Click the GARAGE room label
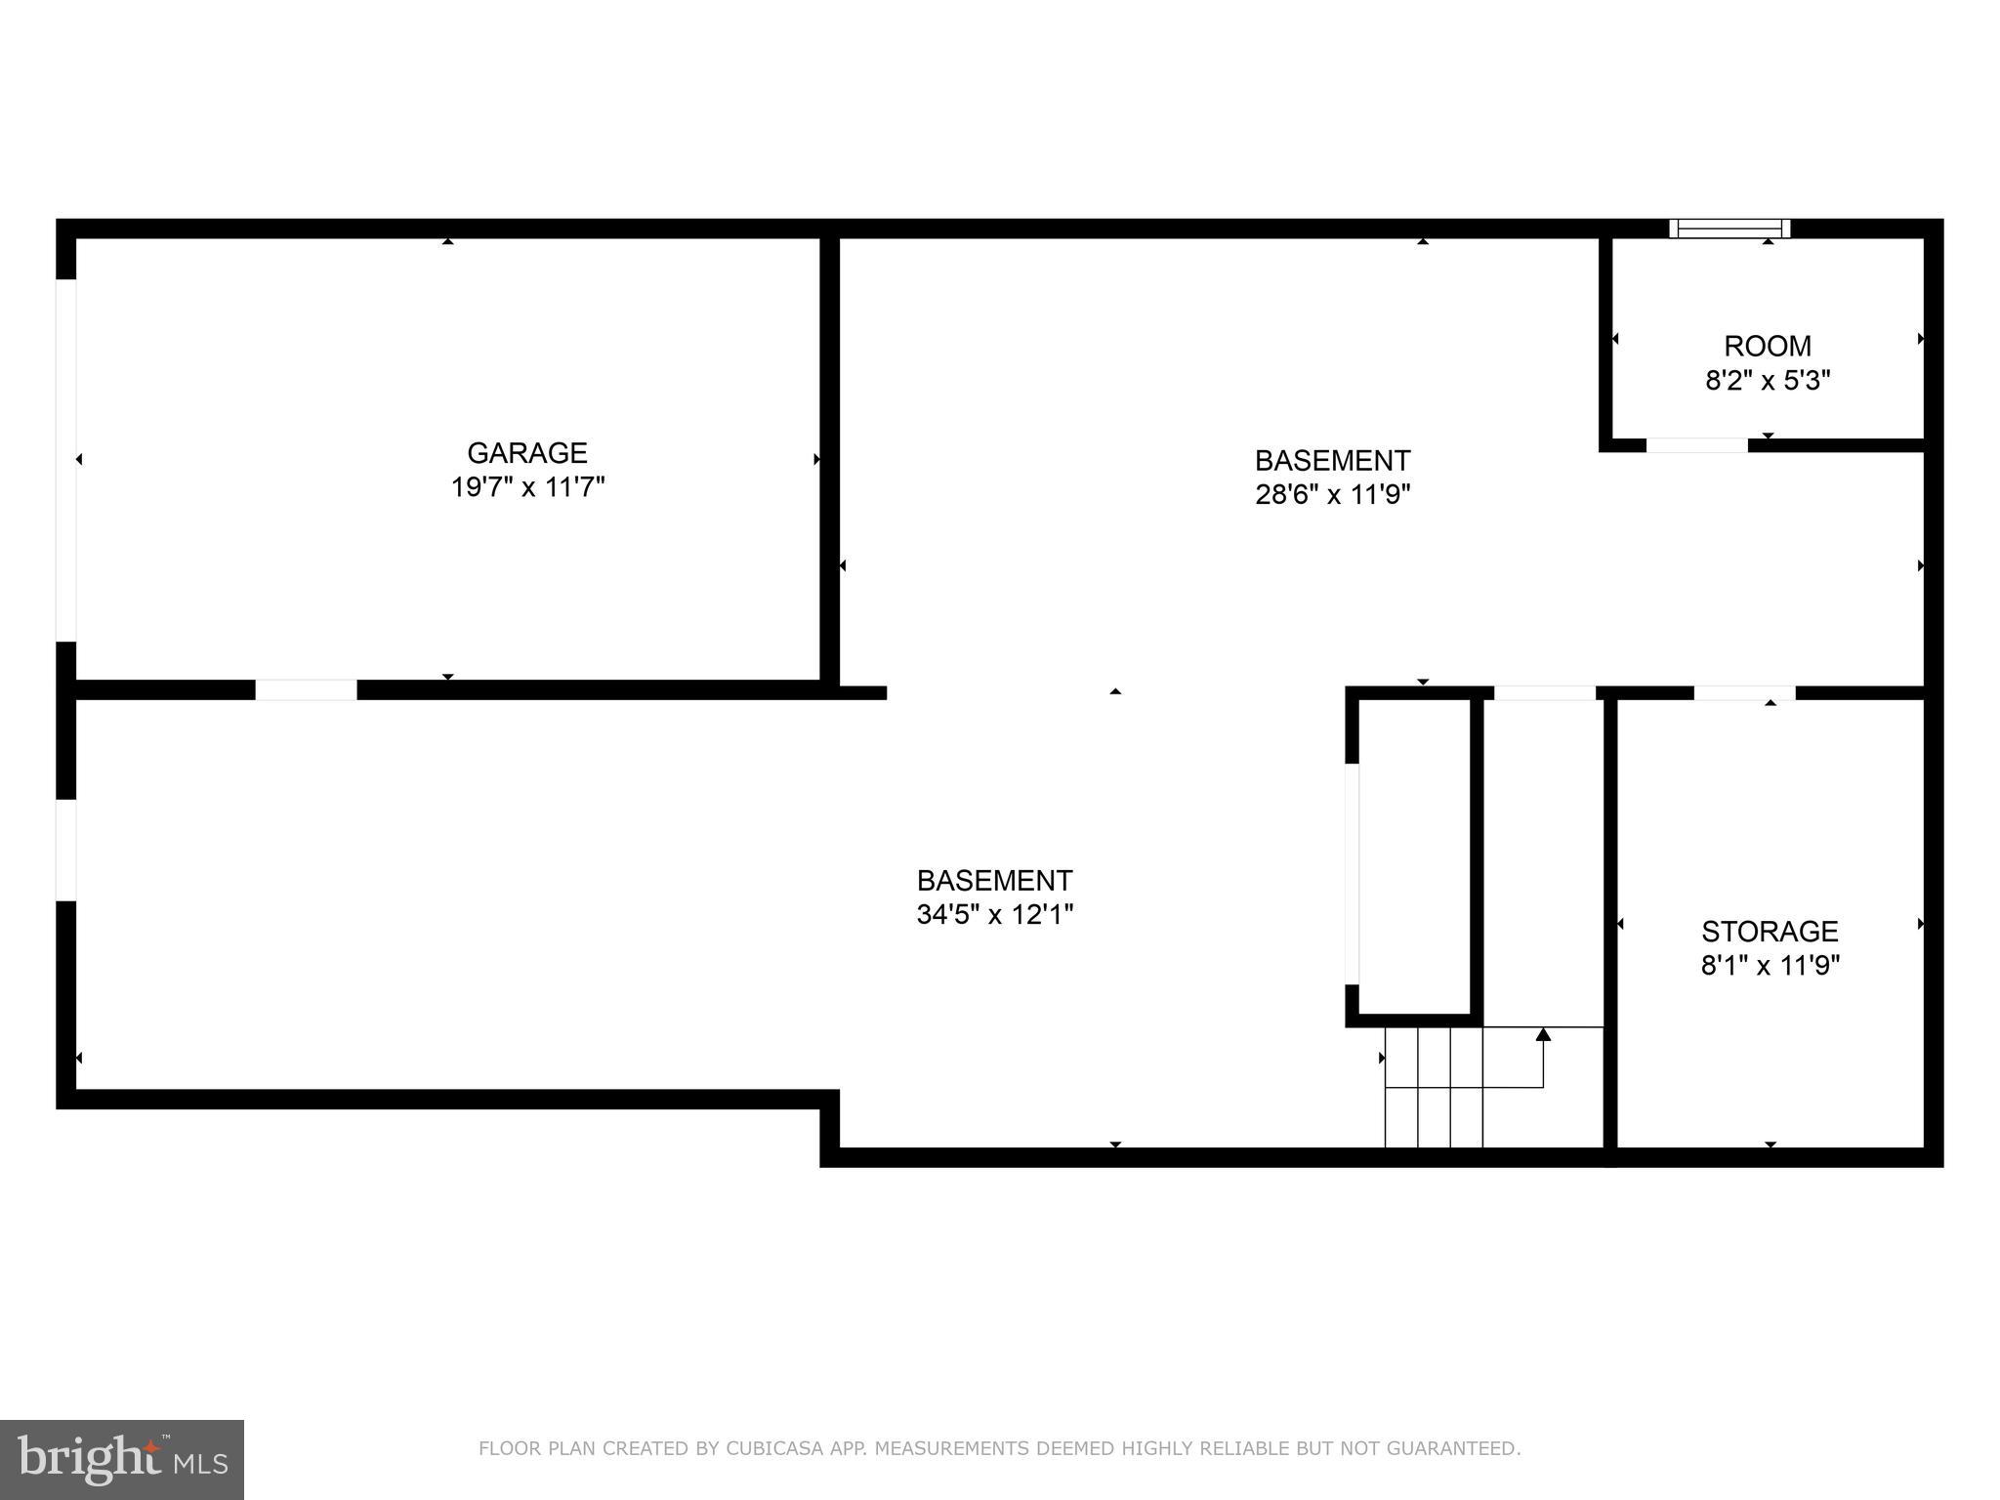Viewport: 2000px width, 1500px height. click(526, 453)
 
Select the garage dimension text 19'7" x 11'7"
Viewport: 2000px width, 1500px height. click(527, 487)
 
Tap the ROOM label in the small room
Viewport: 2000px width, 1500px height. click(1767, 346)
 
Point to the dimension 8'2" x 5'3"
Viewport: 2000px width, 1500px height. click(1767, 380)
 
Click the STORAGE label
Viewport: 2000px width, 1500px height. click(1770, 931)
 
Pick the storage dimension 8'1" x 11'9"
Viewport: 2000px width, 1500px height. click(1770, 966)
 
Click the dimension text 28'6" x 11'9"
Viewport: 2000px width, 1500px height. click(1332, 494)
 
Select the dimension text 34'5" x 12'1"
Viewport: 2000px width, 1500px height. click(994, 915)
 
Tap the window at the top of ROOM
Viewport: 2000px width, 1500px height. click(1729, 229)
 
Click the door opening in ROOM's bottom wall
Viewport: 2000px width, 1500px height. click(1696, 445)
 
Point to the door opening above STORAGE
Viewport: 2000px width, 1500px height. click(1743, 692)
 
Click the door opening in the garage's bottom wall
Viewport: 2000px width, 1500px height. click(306, 689)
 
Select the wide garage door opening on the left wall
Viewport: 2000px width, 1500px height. click(65, 459)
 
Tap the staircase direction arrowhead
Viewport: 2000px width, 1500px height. click(1543, 1034)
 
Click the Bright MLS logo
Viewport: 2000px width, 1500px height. click(121, 1459)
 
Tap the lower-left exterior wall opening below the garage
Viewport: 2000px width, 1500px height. click(65, 850)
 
